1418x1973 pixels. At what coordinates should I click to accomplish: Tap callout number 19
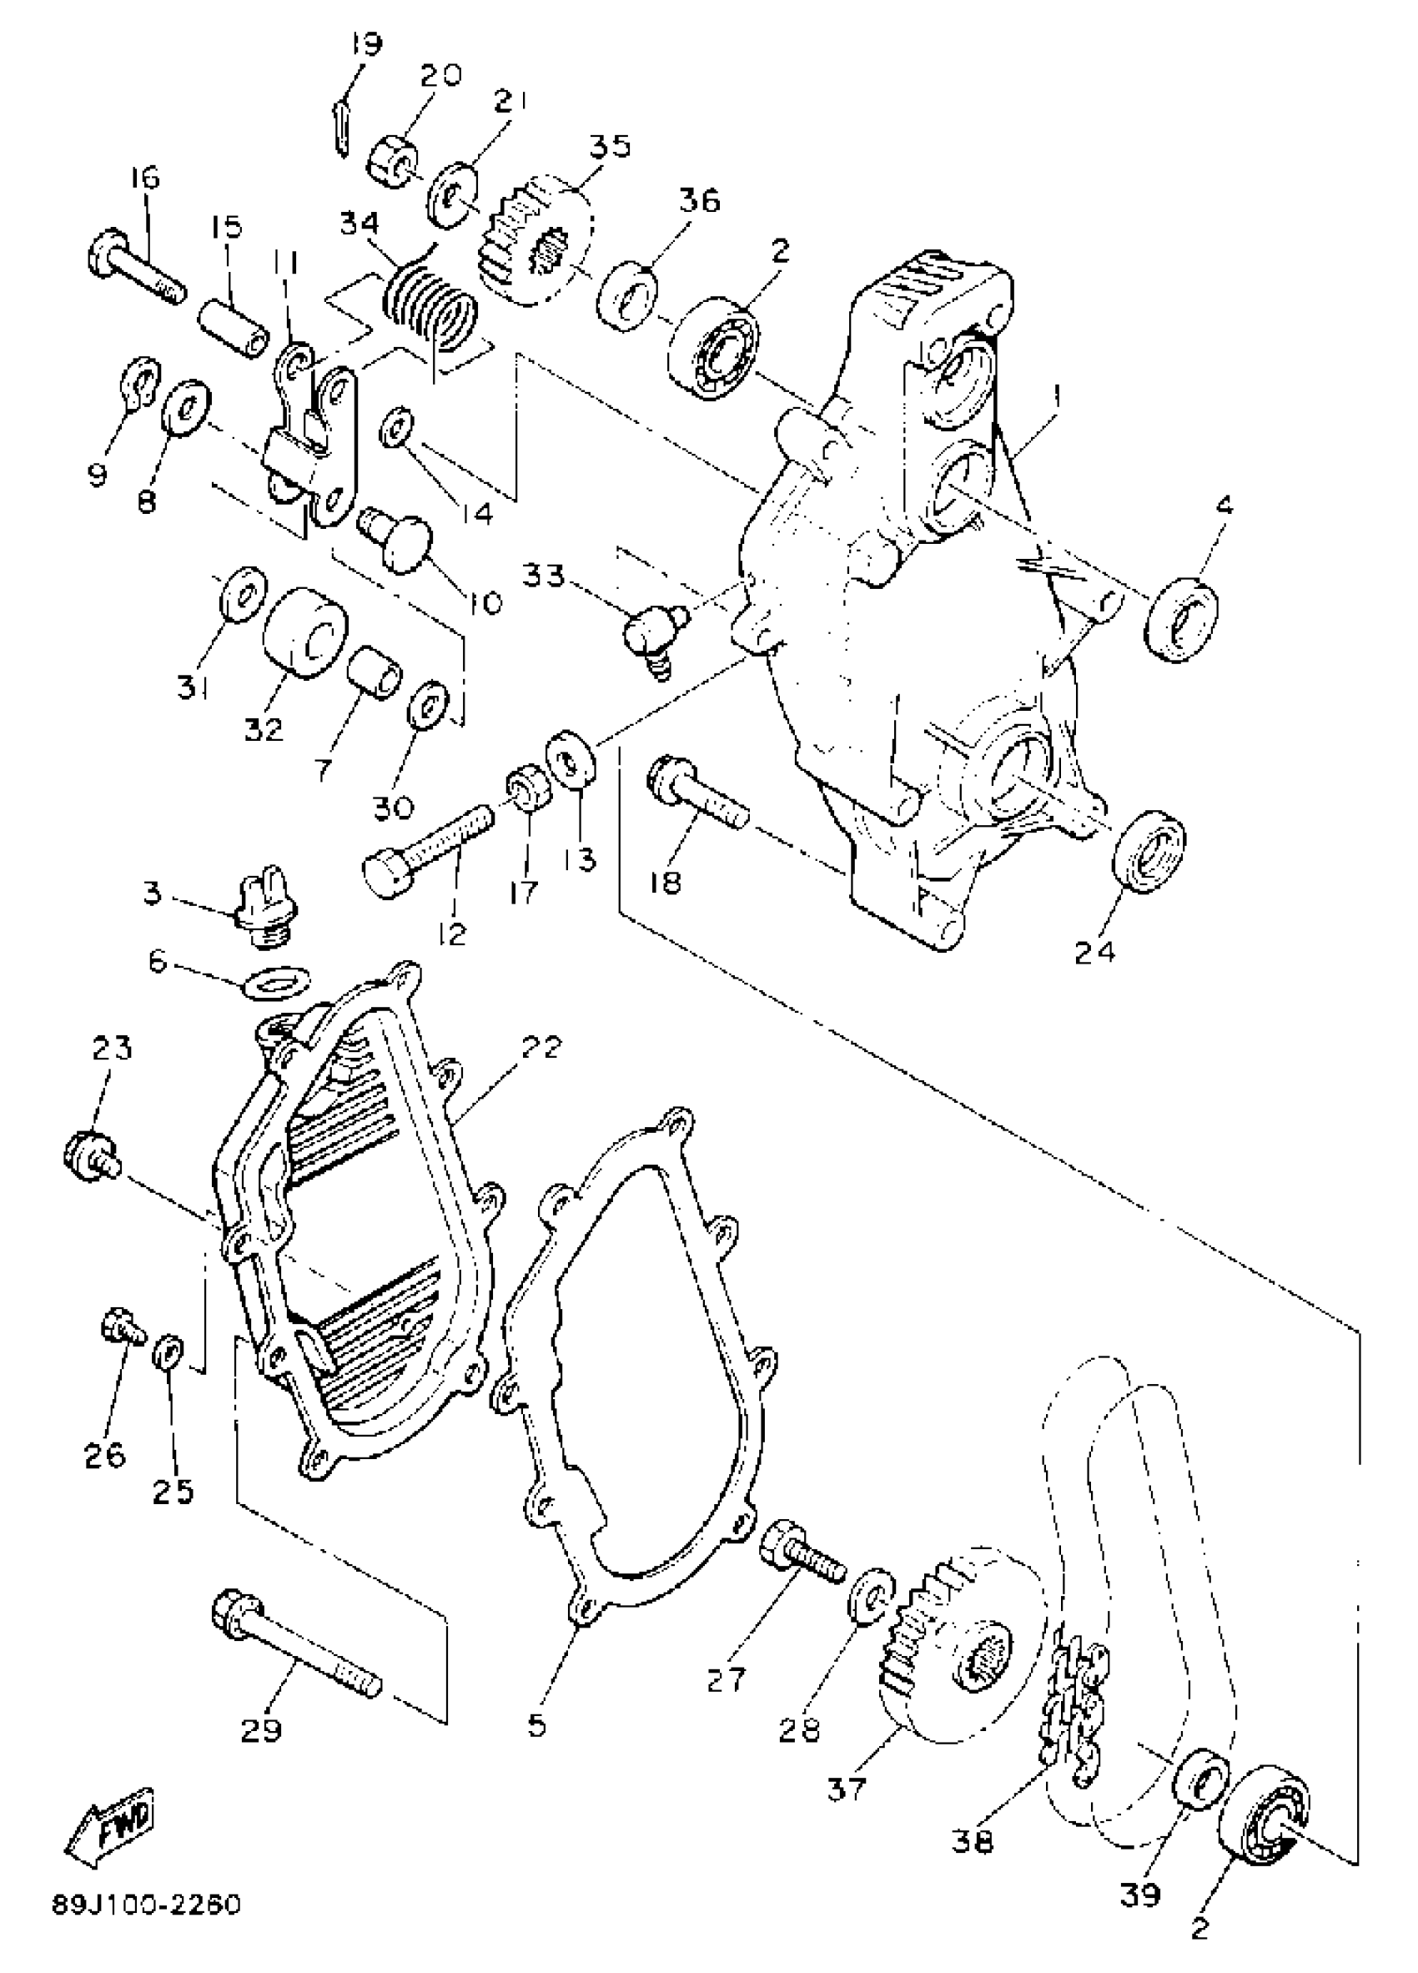point(366,44)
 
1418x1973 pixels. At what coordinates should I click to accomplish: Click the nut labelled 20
point(390,161)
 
